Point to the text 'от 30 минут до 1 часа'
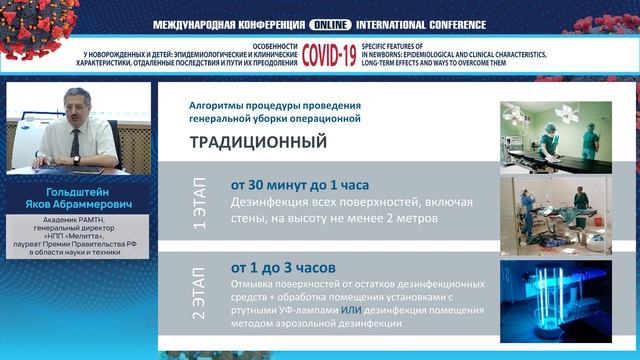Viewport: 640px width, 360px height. pyautogui.click(x=299, y=185)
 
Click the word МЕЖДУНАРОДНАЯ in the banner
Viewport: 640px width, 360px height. pyautogui.click(x=199, y=24)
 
